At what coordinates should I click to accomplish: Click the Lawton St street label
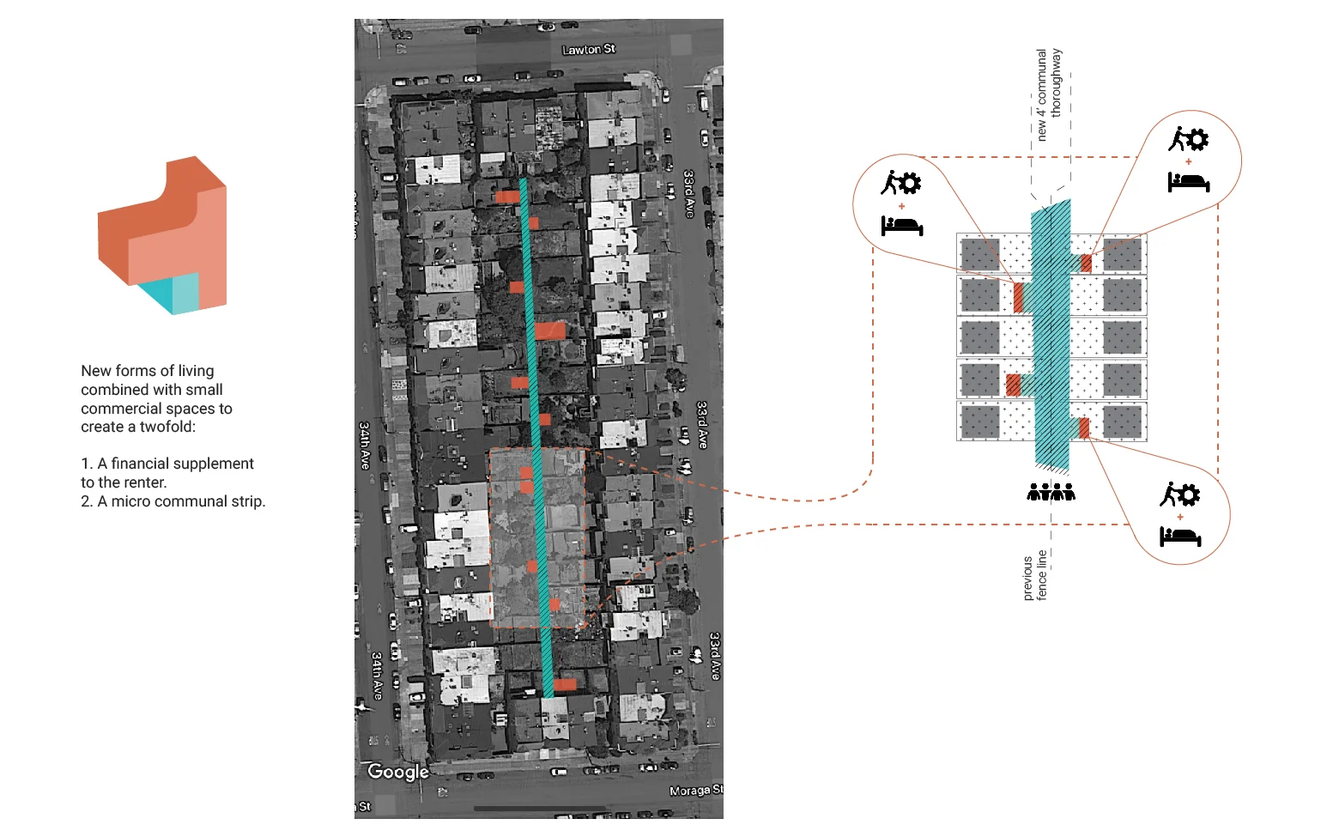click(x=588, y=50)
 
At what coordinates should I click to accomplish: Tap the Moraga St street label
click(x=695, y=790)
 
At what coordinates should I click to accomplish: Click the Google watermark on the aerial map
click(x=397, y=772)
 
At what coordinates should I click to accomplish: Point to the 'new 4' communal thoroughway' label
click(x=1048, y=94)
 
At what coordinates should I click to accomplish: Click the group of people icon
click(x=1051, y=492)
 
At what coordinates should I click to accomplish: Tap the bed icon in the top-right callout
click(x=1188, y=182)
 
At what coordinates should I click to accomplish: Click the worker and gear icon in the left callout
click(x=900, y=182)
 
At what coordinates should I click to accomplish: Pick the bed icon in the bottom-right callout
click(x=1180, y=537)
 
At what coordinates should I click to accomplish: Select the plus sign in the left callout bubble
click(x=901, y=206)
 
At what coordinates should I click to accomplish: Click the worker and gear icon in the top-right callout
click(x=1188, y=138)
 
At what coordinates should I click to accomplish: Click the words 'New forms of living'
click(x=147, y=371)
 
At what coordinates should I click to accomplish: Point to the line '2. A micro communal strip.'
click(x=173, y=501)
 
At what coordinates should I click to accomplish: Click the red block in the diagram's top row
click(x=1086, y=263)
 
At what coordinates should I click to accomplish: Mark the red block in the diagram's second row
click(x=1018, y=297)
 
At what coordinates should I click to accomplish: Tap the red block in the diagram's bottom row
click(x=1084, y=428)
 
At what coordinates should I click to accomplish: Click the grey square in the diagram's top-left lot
click(x=980, y=254)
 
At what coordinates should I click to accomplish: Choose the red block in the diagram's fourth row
click(x=1013, y=384)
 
